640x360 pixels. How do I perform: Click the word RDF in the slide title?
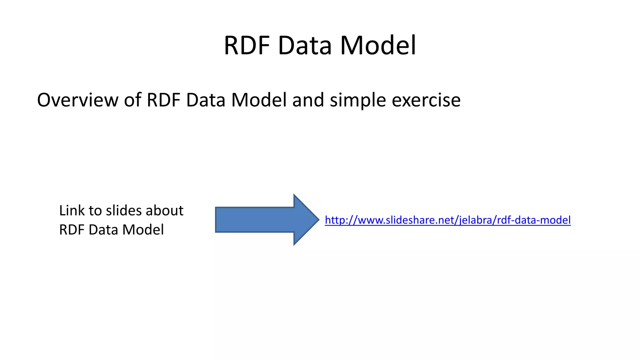coord(247,46)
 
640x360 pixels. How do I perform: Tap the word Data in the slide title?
coord(305,46)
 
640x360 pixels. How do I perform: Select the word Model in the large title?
coord(378,46)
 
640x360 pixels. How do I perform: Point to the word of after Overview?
coord(132,100)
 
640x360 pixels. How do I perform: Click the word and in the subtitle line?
coord(308,100)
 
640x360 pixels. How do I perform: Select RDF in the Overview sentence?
coord(164,100)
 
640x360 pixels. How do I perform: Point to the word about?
coord(164,211)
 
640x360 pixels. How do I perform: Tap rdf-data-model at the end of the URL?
coord(534,220)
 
